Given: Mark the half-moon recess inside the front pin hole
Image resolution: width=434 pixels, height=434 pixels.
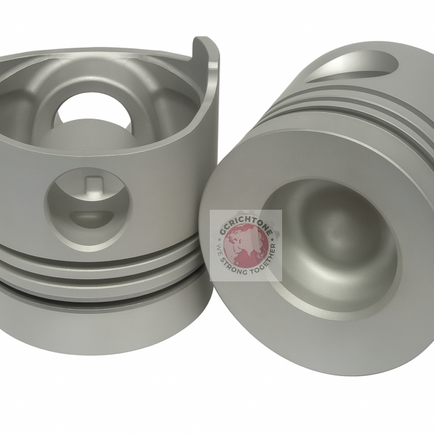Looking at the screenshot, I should [90, 216].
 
